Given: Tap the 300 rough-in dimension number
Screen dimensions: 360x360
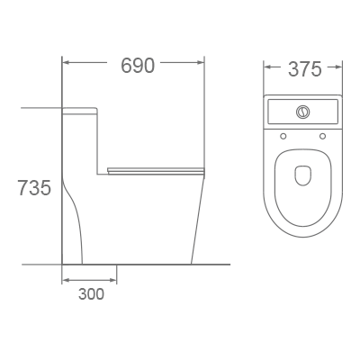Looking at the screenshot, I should [x=90, y=293].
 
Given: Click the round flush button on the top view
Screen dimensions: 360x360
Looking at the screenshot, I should [x=303, y=112].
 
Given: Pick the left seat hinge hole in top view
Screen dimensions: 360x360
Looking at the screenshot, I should [x=283, y=137].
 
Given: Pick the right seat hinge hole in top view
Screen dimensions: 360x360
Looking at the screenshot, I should [x=323, y=137].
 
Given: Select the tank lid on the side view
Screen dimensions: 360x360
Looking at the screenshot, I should [x=80, y=110].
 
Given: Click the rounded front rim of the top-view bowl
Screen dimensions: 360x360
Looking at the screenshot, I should [x=303, y=233].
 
